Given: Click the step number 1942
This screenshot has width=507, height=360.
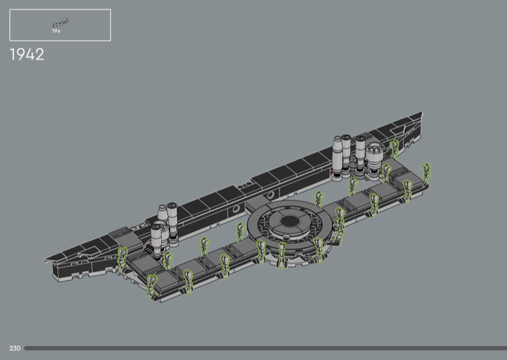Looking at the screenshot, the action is (x=27, y=55).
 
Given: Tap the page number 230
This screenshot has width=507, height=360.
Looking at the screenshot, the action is (x=15, y=348).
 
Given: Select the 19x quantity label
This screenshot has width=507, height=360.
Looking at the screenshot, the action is (x=56, y=31).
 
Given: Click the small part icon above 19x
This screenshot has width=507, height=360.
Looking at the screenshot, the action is (x=60, y=23).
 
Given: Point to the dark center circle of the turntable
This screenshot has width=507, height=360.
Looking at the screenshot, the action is (x=290, y=222).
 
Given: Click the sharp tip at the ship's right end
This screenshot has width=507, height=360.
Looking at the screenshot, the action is (x=421, y=112).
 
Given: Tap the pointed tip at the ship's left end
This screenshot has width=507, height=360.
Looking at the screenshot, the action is (x=45, y=259).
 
